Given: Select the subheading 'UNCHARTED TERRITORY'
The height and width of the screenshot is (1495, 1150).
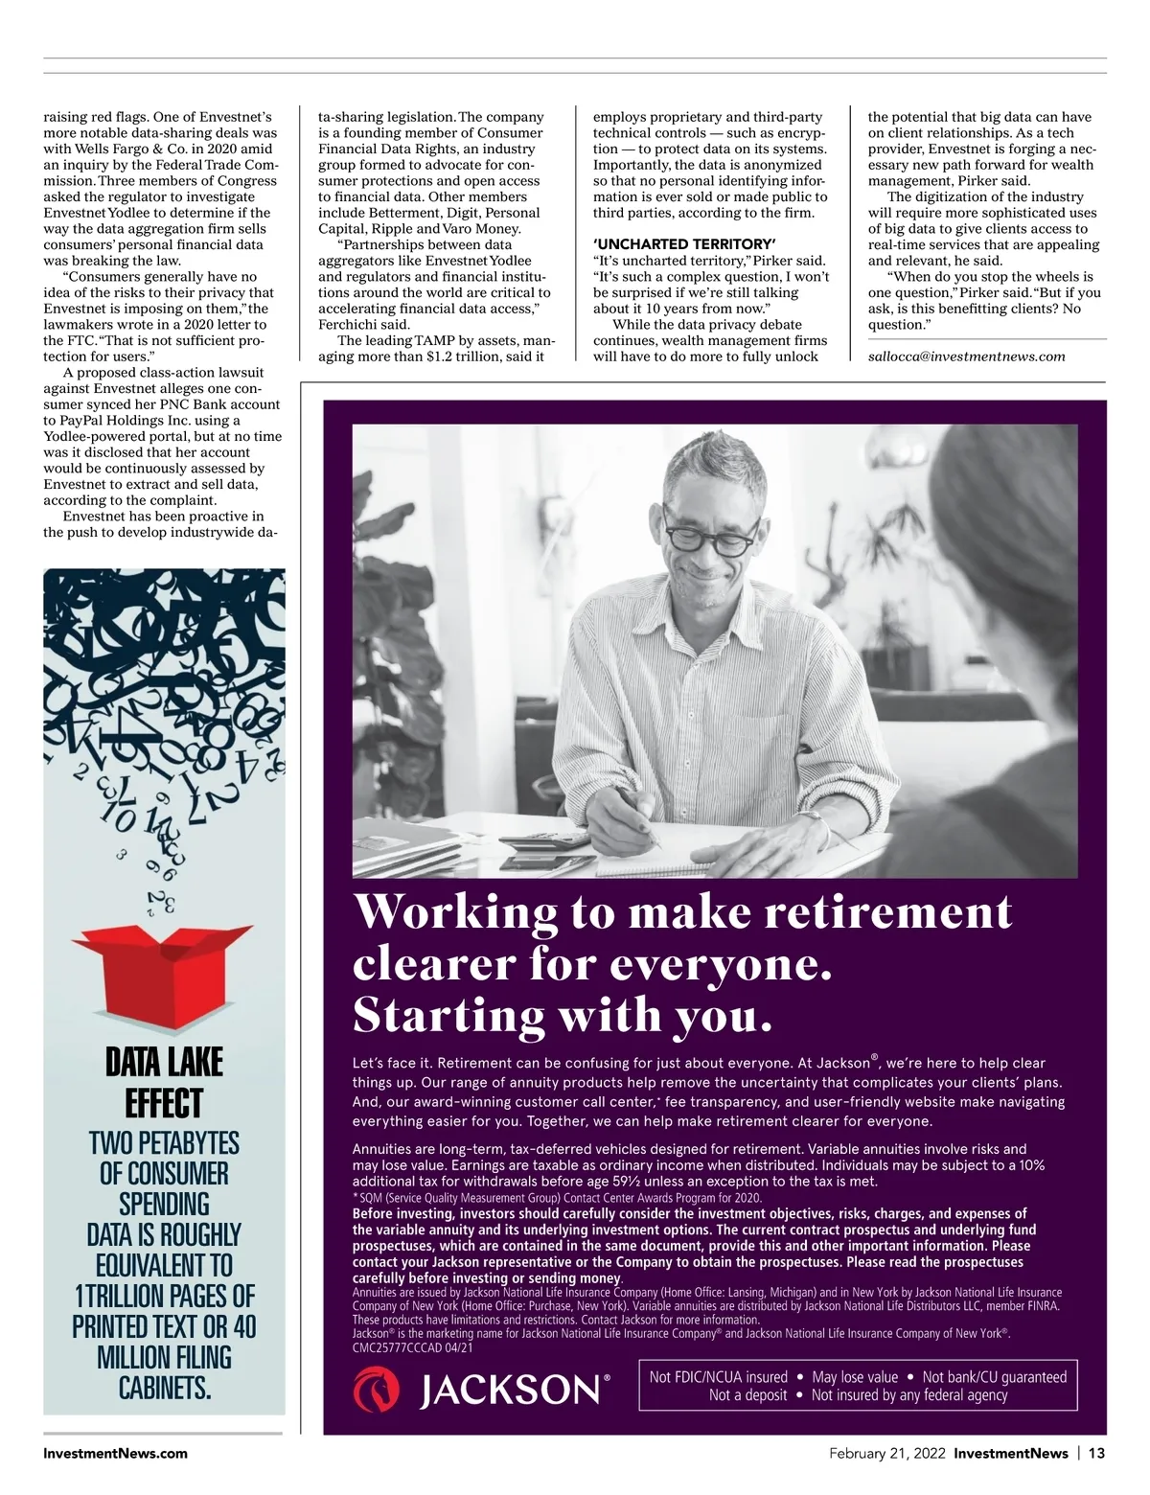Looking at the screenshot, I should click(683, 244).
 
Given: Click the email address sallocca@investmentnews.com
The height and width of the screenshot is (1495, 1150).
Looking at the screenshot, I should click(966, 356).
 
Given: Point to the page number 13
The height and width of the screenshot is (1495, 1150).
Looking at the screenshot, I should click(1096, 1453).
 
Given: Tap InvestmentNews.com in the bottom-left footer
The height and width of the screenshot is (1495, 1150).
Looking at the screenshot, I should click(116, 1453).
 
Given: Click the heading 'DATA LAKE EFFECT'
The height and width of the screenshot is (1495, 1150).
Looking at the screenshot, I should click(164, 1082).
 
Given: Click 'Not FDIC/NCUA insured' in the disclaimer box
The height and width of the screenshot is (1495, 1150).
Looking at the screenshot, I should click(719, 1377).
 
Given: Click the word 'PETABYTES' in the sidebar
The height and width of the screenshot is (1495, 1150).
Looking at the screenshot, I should click(192, 1143).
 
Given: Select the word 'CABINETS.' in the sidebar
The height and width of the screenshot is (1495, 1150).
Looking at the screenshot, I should click(164, 1388).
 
